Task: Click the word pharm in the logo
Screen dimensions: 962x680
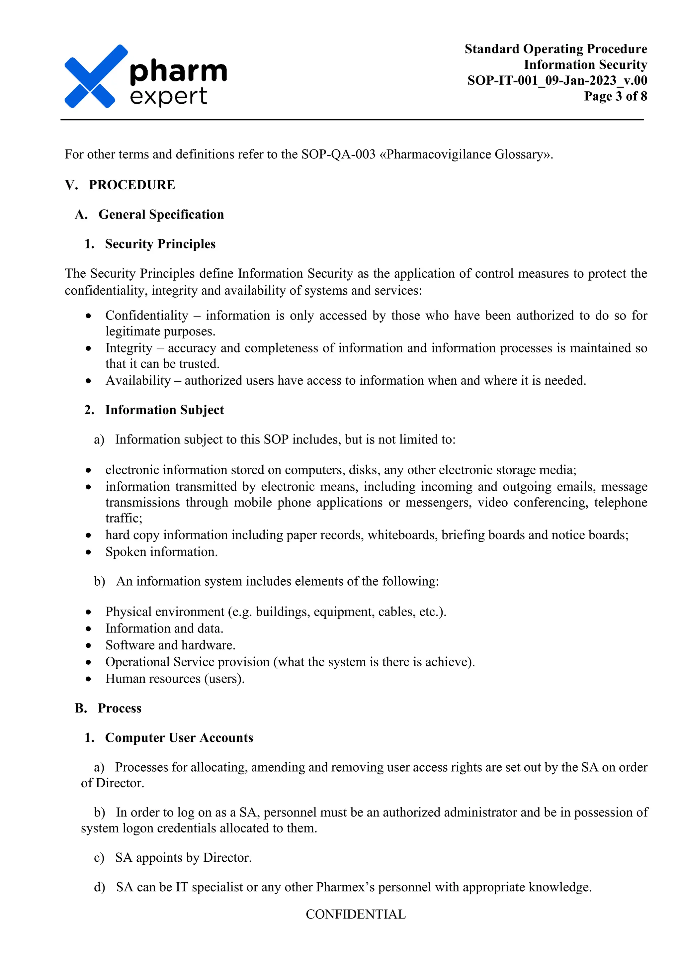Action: tap(178, 71)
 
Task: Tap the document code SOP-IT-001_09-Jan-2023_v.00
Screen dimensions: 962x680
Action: tap(557, 80)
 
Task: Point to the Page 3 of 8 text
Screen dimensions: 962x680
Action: tap(615, 96)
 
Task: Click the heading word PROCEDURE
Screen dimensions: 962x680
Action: tap(132, 185)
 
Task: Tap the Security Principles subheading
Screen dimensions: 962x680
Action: tap(160, 244)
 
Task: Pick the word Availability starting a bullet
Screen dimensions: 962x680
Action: tap(138, 380)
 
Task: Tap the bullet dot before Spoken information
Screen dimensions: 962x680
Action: tap(88, 552)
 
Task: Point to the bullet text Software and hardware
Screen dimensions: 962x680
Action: tap(170, 645)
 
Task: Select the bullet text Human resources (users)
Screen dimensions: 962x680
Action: tap(175, 678)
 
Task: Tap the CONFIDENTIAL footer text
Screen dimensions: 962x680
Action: tap(356, 914)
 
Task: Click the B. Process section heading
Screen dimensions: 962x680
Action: tap(109, 708)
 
